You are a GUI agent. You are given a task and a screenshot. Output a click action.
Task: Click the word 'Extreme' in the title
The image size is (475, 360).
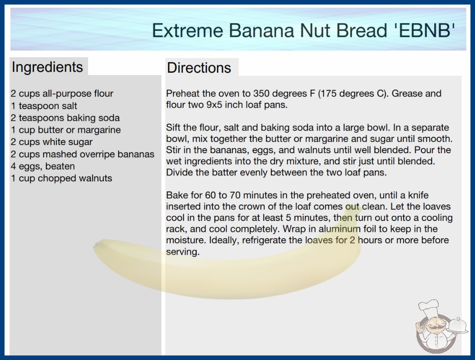coord(187,30)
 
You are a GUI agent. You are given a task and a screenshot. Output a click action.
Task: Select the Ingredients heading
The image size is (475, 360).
coord(47,67)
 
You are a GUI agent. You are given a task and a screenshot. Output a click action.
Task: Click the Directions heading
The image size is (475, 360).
coord(199,68)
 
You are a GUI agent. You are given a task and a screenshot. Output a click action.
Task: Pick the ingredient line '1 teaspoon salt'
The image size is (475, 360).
coord(44,106)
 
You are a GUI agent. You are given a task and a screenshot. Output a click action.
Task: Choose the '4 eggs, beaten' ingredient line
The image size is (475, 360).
coord(43,166)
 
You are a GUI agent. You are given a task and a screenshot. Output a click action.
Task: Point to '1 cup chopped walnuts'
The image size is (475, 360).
coord(61,178)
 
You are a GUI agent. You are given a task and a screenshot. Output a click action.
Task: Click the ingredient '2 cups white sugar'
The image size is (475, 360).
coord(51,142)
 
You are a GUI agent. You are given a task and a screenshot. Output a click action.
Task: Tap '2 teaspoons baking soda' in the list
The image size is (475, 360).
coord(65,118)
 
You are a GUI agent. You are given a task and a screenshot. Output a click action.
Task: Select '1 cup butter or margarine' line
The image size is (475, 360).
coord(66,130)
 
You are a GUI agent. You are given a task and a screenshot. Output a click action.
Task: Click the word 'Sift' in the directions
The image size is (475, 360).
coord(174,127)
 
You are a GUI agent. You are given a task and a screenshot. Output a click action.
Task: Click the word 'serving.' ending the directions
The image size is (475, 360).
coord(183,252)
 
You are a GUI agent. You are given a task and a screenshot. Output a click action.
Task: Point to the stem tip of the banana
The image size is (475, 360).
coord(96,245)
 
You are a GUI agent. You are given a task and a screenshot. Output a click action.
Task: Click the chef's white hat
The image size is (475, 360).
coord(429,308)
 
